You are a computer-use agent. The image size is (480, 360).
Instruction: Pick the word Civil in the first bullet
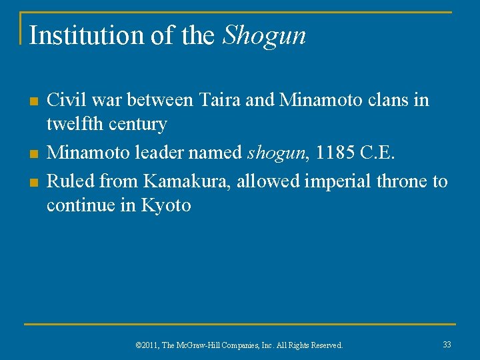coord(65,101)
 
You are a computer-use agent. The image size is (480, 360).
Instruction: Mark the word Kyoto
coord(166,205)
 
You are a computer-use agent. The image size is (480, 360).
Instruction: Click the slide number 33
coord(447,344)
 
